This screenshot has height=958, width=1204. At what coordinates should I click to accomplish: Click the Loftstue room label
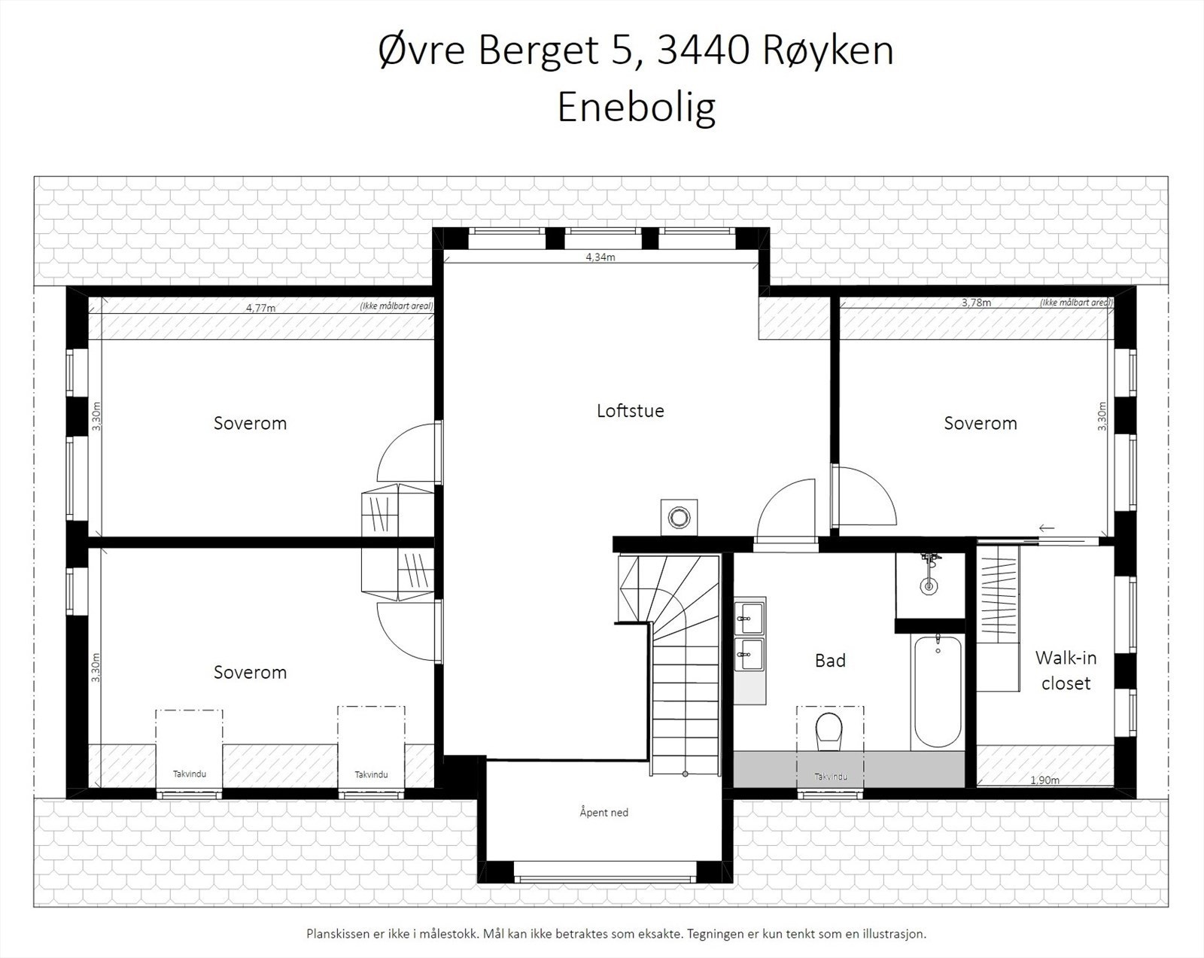pyautogui.click(x=630, y=411)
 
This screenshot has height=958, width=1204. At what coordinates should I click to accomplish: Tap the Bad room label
pyautogui.click(x=830, y=660)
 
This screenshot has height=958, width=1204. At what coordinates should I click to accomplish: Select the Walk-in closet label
pyautogui.click(x=1066, y=671)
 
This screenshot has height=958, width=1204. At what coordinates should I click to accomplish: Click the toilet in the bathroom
pyautogui.click(x=829, y=731)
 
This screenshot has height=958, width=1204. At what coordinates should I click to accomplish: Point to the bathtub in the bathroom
pyautogui.click(x=937, y=692)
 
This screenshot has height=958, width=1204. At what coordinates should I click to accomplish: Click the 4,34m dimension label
pyautogui.click(x=600, y=257)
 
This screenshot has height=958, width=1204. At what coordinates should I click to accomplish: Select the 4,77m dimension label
pyautogui.click(x=260, y=307)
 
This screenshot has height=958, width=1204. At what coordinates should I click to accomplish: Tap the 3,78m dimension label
pyautogui.click(x=976, y=303)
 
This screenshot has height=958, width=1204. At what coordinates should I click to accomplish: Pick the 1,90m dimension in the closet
pyautogui.click(x=1044, y=780)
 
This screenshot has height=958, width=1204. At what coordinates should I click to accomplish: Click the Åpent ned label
pyautogui.click(x=604, y=812)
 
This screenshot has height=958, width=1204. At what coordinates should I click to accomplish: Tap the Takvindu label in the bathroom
pyautogui.click(x=830, y=777)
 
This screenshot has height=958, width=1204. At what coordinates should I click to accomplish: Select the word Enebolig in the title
pyautogui.click(x=636, y=107)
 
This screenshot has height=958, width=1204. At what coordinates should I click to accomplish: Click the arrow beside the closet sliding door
pyautogui.click(x=1046, y=528)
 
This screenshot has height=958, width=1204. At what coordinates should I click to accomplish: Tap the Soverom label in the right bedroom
pyautogui.click(x=980, y=423)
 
